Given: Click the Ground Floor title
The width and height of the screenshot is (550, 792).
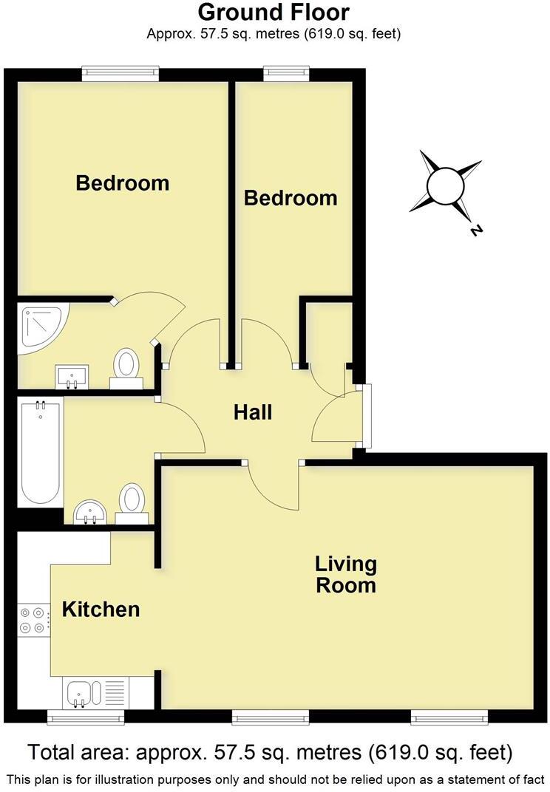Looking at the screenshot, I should pos(274,13).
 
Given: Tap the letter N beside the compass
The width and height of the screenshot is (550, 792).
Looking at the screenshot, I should pos(475,231).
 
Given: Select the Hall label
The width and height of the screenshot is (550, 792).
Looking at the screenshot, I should pos(253,412).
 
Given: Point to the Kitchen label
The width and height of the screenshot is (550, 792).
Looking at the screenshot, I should pos(101,610).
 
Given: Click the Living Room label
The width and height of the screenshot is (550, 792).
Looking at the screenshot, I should pos(346,575).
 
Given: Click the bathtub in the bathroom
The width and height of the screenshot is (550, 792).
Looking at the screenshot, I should pos(41,451).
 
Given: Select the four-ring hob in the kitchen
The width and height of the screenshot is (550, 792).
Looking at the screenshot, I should pos(33,619).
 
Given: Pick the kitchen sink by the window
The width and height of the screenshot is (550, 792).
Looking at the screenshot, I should pos(80,693).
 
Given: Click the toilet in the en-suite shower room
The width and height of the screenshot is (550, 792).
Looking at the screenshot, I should pos(126,366).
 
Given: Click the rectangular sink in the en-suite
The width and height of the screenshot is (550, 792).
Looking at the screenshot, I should pos(72,376).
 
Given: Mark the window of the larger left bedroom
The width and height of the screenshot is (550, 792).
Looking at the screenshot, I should pos(120,72).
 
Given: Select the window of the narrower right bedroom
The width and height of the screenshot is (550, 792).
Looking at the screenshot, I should pos(287,72).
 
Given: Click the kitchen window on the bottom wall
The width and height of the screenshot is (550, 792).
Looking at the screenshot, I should pos(85,716).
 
